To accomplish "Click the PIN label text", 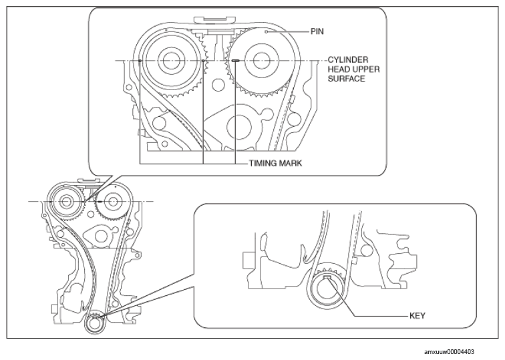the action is (317, 31).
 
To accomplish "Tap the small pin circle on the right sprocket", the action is (267, 31).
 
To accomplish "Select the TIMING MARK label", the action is (276, 163).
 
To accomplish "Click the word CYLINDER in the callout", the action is (348, 60).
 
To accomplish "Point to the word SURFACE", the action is (347, 79).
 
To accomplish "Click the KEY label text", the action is (417, 316).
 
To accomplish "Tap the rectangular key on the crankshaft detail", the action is (327, 278).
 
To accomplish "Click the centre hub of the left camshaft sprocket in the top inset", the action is (171, 60).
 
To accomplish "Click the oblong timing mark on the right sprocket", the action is (235, 60).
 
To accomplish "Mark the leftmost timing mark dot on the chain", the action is (140, 61).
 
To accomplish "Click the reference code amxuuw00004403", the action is (450, 352).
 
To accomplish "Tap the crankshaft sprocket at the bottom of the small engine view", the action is (95, 324).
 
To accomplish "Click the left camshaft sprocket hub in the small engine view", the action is (66, 202).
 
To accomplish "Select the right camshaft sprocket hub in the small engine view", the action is (112, 202).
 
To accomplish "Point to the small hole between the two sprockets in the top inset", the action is (218, 85).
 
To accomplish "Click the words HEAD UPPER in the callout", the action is (353, 69).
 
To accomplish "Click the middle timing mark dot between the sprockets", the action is (203, 61).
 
